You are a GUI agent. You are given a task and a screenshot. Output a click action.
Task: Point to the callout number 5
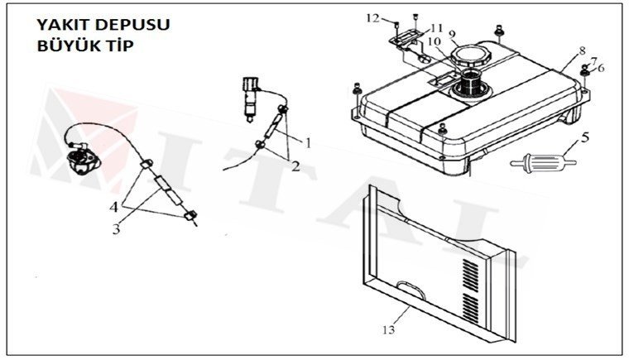[584, 137]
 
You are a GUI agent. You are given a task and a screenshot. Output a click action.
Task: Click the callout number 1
[307, 142]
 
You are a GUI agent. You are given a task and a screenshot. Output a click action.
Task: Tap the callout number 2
[295, 166]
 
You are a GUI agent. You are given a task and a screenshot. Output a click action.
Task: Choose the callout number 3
[117, 228]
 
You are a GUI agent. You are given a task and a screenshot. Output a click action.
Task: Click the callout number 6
[601, 68]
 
